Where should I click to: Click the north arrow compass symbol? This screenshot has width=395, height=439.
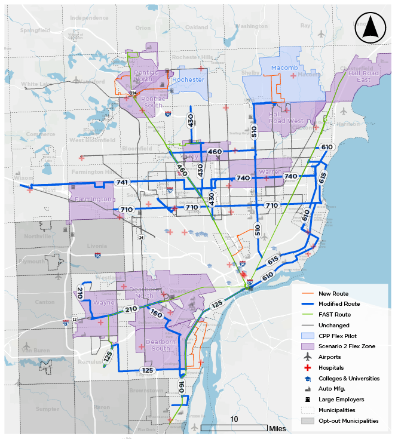tap(369, 29)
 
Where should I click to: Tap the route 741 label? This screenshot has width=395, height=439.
tap(123, 182)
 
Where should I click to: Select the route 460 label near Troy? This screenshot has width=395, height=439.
tap(215, 152)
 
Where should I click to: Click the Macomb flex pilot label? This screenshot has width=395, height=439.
tap(284, 68)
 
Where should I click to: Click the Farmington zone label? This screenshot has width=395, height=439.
tap(93, 199)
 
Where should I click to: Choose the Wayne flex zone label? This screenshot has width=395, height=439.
tap(103, 303)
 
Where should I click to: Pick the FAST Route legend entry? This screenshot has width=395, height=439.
tap(335, 314)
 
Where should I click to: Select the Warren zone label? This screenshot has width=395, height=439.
tap(270, 172)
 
